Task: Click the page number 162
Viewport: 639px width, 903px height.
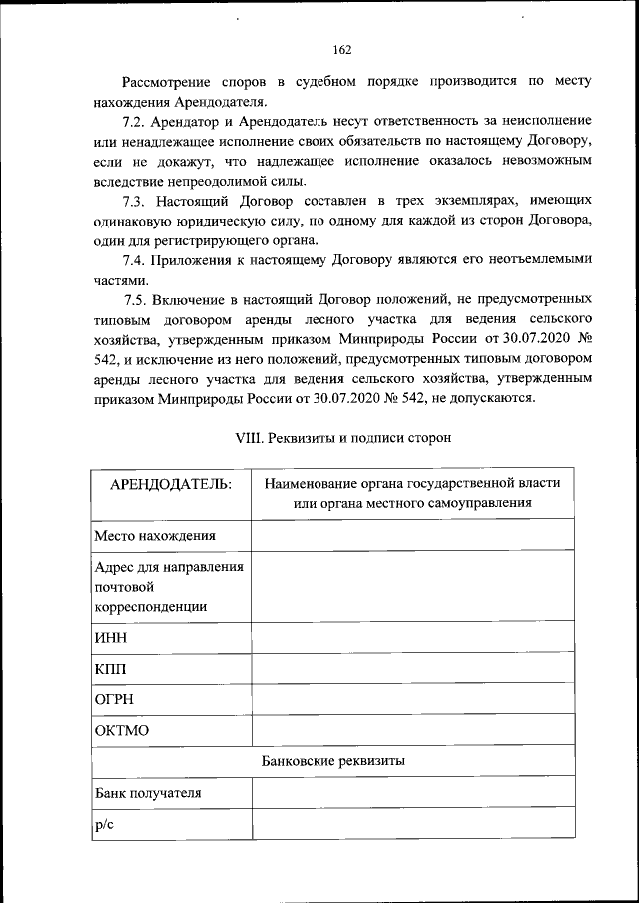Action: tap(342, 50)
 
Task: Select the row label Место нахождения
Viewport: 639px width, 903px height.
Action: tap(155, 535)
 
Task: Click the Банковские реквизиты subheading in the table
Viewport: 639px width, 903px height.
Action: tap(332, 761)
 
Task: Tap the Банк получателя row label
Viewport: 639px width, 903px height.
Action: tap(148, 793)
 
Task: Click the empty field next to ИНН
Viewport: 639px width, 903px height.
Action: tap(412, 637)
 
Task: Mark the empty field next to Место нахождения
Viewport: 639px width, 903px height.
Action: tap(412, 535)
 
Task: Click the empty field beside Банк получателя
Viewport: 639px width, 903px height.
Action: tap(412, 793)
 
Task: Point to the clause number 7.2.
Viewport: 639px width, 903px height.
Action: tap(135, 121)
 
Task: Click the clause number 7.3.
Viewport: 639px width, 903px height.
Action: tap(135, 200)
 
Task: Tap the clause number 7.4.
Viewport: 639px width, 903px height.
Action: tap(135, 259)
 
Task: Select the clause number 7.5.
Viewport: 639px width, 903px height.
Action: tap(139, 299)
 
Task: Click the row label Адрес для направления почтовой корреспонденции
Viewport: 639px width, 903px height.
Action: tap(170, 586)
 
